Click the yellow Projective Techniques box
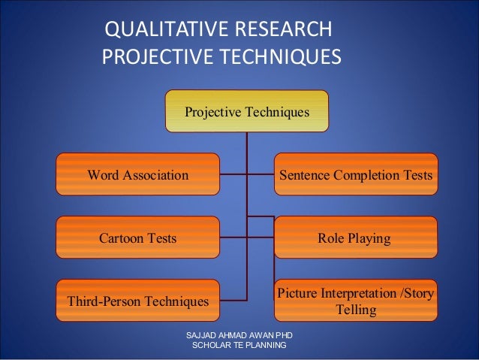pos(247,111)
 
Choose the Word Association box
pos(138,175)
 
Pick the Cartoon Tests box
pos(138,238)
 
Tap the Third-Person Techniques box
pos(138,301)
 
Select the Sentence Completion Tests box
pos(356,175)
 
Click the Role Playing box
pos(356,238)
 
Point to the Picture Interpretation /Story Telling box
pos(356,301)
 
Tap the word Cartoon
pos(122,238)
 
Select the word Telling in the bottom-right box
pos(356,309)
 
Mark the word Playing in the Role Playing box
pos(371,238)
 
